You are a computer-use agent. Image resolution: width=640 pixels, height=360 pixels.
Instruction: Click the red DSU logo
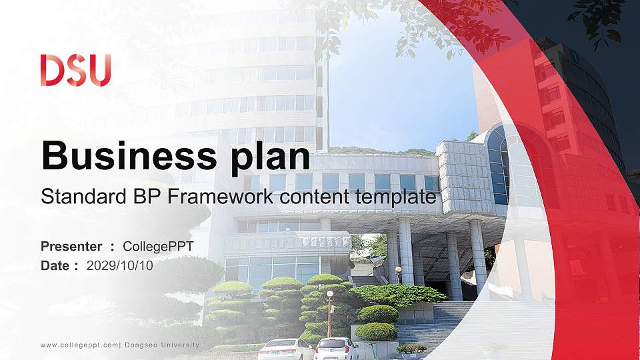(x=75, y=70)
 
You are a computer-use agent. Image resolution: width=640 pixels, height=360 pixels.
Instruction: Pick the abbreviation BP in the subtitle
(x=131, y=197)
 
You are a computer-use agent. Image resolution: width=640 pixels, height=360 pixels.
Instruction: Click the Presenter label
(x=71, y=247)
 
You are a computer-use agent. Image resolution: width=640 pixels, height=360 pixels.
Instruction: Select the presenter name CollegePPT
(x=158, y=247)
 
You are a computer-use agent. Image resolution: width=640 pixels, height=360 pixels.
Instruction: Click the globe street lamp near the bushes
(x=329, y=294)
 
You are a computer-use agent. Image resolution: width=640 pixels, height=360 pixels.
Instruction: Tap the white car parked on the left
(x=285, y=349)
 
